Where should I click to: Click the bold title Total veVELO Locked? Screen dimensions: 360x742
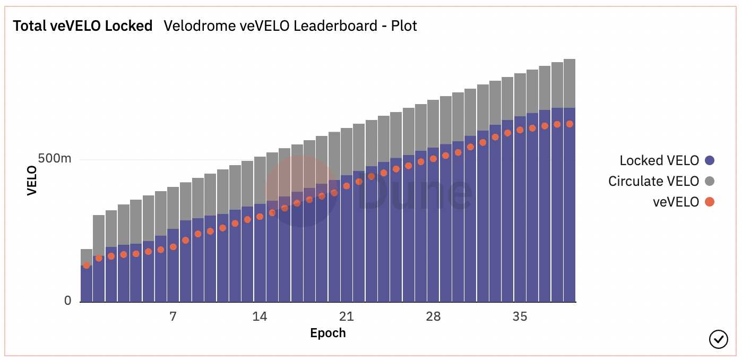tap(82, 25)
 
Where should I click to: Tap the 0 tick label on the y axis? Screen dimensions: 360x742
tap(67, 301)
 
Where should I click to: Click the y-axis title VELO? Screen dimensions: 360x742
tap(32, 181)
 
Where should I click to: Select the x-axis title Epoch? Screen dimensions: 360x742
tap(327, 333)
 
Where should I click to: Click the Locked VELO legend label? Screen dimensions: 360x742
tap(659, 160)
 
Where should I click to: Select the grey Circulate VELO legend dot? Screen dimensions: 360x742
tap(709, 181)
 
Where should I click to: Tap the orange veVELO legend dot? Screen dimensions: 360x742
tap(709, 202)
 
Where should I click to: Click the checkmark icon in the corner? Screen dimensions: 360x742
tap(718, 338)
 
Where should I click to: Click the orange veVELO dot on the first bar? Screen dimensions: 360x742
tap(87, 265)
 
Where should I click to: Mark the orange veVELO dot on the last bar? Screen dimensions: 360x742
tap(570, 124)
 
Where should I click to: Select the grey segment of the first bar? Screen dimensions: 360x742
tap(87, 257)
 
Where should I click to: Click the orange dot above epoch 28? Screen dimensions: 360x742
tap(433, 158)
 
